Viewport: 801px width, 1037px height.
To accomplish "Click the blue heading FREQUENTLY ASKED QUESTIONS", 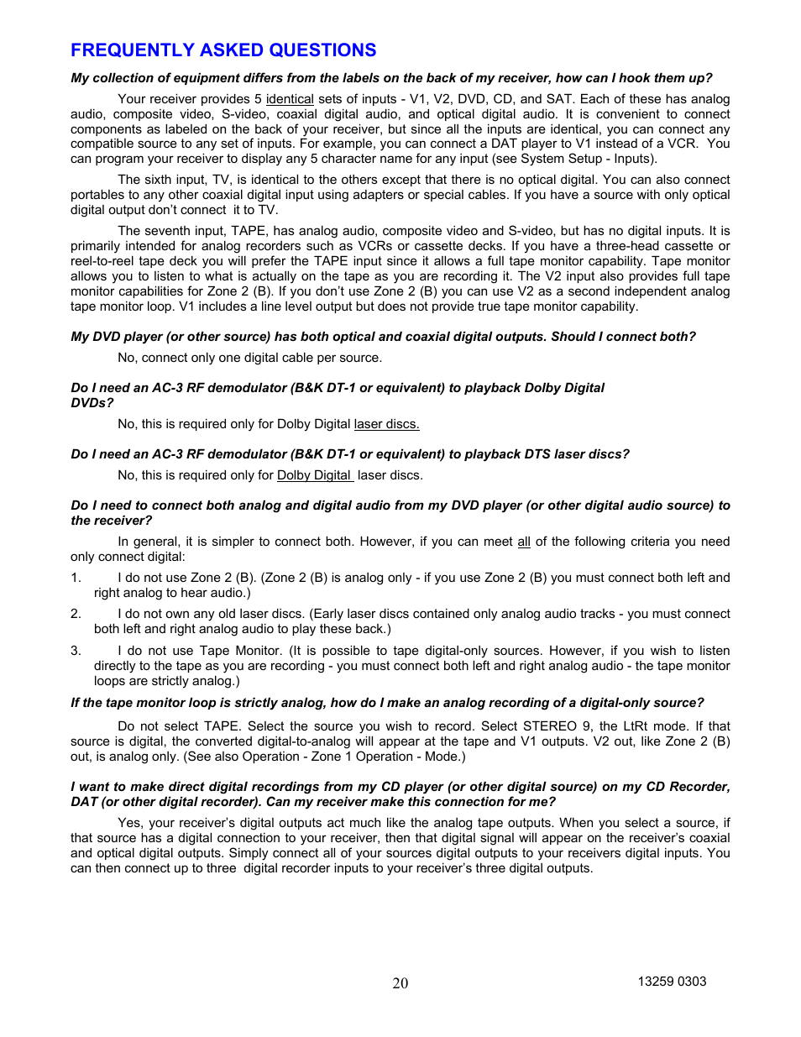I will [x=223, y=50].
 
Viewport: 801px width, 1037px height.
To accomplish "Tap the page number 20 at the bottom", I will [x=400, y=983].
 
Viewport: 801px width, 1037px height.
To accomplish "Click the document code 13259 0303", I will [x=672, y=982].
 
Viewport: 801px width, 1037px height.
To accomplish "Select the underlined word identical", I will [x=290, y=99].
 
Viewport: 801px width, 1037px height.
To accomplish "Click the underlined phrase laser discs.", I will [x=386, y=424].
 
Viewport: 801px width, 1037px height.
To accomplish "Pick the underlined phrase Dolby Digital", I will [x=314, y=475].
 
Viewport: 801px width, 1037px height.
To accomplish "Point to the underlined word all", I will [x=524, y=542].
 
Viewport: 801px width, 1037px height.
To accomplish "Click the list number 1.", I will [x=76, y=578].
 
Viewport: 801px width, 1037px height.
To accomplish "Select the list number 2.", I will [x=76, y=614].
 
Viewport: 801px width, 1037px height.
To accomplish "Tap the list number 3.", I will [x=76, y=651].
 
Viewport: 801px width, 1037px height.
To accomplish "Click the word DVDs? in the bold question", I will [x=92, y=403].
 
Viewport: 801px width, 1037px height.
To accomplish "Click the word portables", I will [x=97, y=195].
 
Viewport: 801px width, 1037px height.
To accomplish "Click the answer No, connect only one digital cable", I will [x=249, y=358].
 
